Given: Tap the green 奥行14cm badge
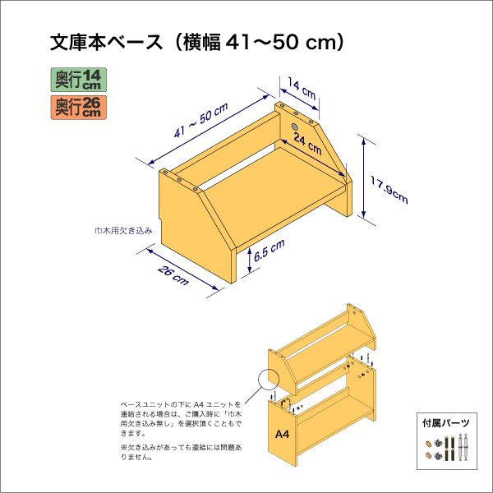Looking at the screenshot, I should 78,80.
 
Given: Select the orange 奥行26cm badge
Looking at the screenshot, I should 78,106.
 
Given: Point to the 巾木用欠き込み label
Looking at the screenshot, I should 123,232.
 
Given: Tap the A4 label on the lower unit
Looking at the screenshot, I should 282,434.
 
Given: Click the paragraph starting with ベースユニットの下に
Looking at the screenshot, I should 181,418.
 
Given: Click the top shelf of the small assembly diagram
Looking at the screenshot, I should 329,345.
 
